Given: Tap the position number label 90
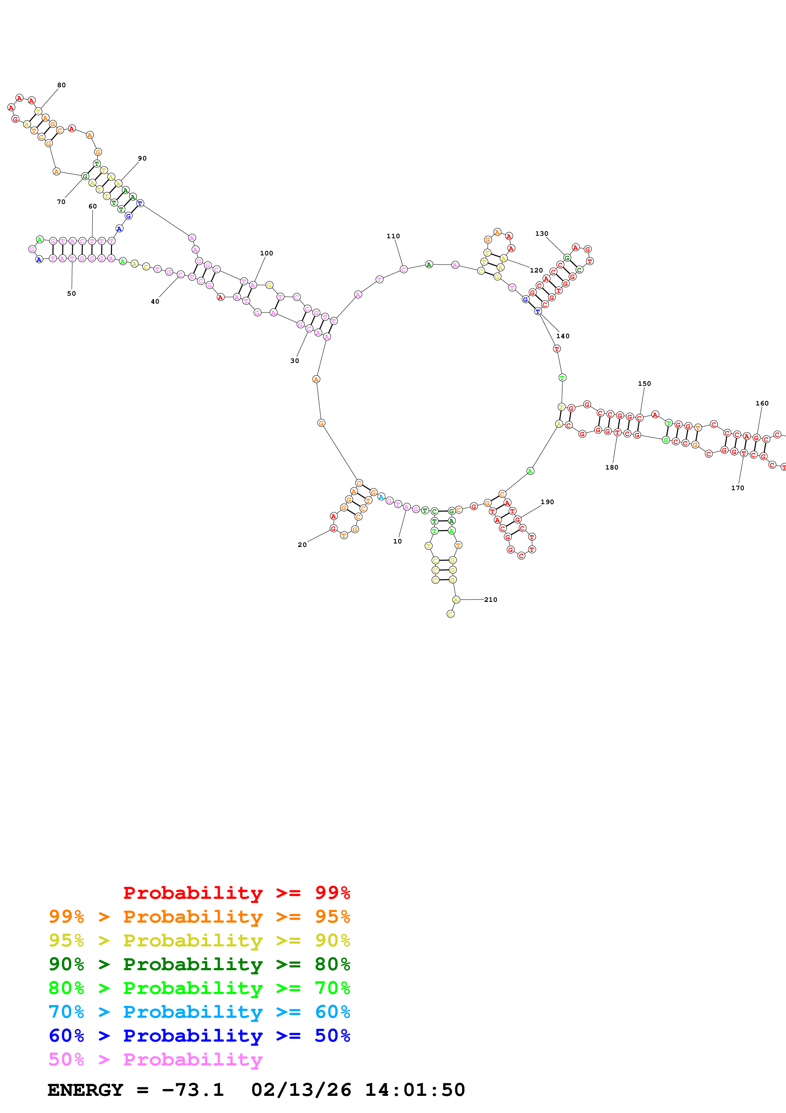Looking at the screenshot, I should pos(142,159).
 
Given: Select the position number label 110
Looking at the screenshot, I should pos(393,236).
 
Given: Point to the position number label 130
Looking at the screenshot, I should pos(542,234).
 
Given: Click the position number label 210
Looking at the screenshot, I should pos(490,600).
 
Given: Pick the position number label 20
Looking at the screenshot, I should pos(302,545).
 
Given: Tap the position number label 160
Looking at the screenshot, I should pos(762,403).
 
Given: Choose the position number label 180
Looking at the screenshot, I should pos(612,467).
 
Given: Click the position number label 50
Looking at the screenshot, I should pos(71,293).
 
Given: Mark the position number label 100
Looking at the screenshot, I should pos(266,253).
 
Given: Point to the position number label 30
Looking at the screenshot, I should pos(295,361).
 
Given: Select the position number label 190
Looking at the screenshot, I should pos(547,502).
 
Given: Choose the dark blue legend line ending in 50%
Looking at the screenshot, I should pos(199,1036).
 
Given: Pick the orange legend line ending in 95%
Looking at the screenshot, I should pos(199,917).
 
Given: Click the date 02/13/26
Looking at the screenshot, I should pos(301,1090).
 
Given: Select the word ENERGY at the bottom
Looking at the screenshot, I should pos(85,1090).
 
